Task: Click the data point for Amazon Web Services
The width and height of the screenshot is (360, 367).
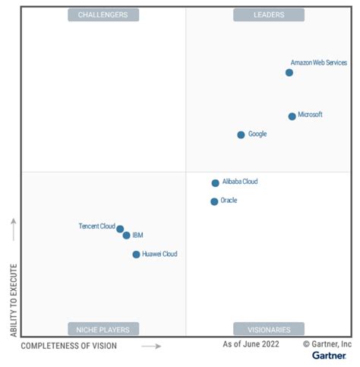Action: click(x=289, y=73)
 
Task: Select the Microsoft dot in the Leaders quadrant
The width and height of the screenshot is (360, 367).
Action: click(x=292, y=116)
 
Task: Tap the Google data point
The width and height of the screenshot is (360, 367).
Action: click(x=241, y=134)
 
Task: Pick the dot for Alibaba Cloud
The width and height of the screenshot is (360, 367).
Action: click(x=215, y=183)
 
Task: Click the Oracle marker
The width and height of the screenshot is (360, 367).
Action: click(x=214, y=201)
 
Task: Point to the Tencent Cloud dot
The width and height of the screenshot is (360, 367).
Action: click(x=120, y=229)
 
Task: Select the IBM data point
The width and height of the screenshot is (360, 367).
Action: click(x=126, y=236)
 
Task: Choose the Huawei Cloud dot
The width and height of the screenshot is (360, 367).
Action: click(x=136, y=255)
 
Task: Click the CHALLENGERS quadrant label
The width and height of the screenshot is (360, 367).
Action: click(x=103, y=14)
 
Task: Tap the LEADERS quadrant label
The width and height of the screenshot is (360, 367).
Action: click(x=268, y=14)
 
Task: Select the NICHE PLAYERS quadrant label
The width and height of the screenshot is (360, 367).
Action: click(x=103, y=329)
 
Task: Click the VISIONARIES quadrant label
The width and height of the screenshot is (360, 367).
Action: click(x=268, y=329)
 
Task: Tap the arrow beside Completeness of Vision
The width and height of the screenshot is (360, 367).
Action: click(x=152, y=346)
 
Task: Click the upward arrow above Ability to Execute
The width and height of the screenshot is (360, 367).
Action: click(x=13, y=226)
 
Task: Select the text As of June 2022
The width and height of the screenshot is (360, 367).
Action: click(x=251, y=344)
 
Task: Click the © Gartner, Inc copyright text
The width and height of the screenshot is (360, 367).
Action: click(x=327, y=344)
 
